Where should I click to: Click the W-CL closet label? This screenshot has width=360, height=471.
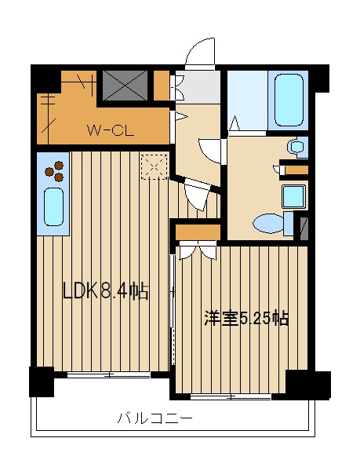click(110, 130)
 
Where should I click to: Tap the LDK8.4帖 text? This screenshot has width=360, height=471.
click(106, 290)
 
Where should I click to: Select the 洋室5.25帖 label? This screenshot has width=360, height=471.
click(246, 319)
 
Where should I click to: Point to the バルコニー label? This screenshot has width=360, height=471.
click(155, 418)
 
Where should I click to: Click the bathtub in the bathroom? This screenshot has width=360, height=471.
click(289, 100)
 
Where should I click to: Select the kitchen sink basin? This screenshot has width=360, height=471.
click(54, 206)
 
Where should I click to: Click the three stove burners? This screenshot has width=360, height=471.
click(54, 171)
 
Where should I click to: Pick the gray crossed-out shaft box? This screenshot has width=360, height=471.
click(125, 86)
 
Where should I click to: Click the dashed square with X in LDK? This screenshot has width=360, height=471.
click(155, 166)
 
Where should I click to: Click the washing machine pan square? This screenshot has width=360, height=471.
click(294, 196)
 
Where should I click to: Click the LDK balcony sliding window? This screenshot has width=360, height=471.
click(108, 374)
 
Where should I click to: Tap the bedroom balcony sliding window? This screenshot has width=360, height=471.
click(231, 397)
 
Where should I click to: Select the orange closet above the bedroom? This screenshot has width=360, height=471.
click(198, 232)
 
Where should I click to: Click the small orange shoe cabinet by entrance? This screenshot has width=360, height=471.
click(162, 86)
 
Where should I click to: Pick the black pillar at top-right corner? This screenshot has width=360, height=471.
click(319, 78)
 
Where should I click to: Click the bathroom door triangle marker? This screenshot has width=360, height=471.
click(235, 123)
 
